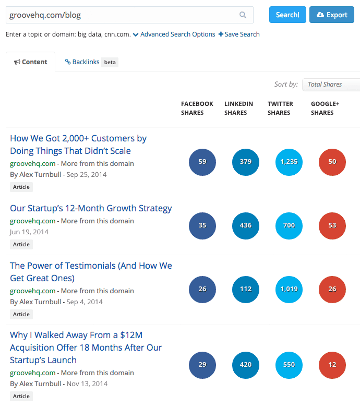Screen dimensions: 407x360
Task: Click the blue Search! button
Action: (x=287, y=15)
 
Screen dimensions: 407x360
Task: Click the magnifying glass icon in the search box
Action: (x=243, y=15)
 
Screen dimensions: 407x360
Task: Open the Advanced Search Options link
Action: (x=174, y=34)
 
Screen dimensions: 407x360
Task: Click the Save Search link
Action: (x=239, y=34)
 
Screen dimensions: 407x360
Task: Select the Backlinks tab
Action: (x=82, y=62)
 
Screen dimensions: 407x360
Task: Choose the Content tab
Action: (x=30, y=62)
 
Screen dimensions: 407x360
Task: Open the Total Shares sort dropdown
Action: (x=331, y=85)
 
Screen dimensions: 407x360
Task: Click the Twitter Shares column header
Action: (x=280, y=108)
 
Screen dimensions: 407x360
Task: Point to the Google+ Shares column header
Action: (x=325, y=108)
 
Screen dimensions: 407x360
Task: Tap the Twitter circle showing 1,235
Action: (x=289, y=162)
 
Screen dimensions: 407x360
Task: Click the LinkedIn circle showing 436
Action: (x=245, y=225)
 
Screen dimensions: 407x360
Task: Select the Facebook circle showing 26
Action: (x=202, y=289)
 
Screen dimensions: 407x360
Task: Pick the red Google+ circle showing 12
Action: (x=332, y=365)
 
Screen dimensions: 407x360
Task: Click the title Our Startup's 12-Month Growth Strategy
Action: (x=91, y=208)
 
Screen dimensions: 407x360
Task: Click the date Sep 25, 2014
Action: (x=88, y=174)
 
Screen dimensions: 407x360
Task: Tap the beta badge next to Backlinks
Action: (x=110, y=62)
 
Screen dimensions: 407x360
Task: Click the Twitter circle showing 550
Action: (x=289, y=365)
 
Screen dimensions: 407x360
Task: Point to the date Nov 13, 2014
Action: (x=87, y=384)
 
